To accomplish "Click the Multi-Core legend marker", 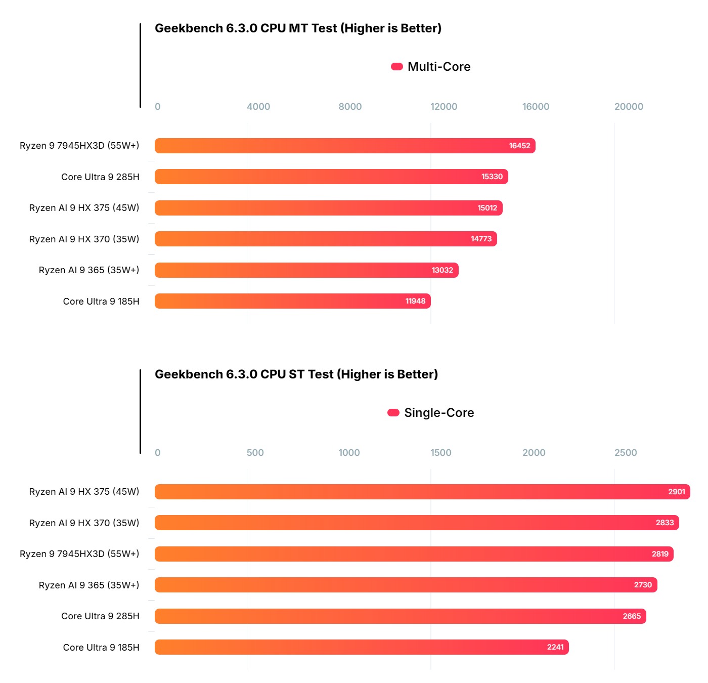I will (397, 67).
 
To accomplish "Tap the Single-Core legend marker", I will (393, 413).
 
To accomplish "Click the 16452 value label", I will (519, 146).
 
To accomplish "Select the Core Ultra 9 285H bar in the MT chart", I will (331, 177).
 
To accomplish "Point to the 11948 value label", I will (415, 301).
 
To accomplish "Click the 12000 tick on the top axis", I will (444, 107).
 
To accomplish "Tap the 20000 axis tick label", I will (629, 107).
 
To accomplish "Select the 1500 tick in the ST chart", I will (441, 453).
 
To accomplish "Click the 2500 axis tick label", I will (626, 453).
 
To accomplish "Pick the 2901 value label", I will (676, 492).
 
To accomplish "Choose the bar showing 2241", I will (362, 647).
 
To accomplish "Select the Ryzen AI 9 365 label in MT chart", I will (89, 270).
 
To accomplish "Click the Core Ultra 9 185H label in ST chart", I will (101, 648).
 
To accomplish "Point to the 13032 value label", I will (442, 270).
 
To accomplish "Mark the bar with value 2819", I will (414, 554).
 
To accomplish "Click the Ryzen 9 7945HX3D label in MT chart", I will (79, 146).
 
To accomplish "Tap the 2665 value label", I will (632, 616).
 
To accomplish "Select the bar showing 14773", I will (326, 239).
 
